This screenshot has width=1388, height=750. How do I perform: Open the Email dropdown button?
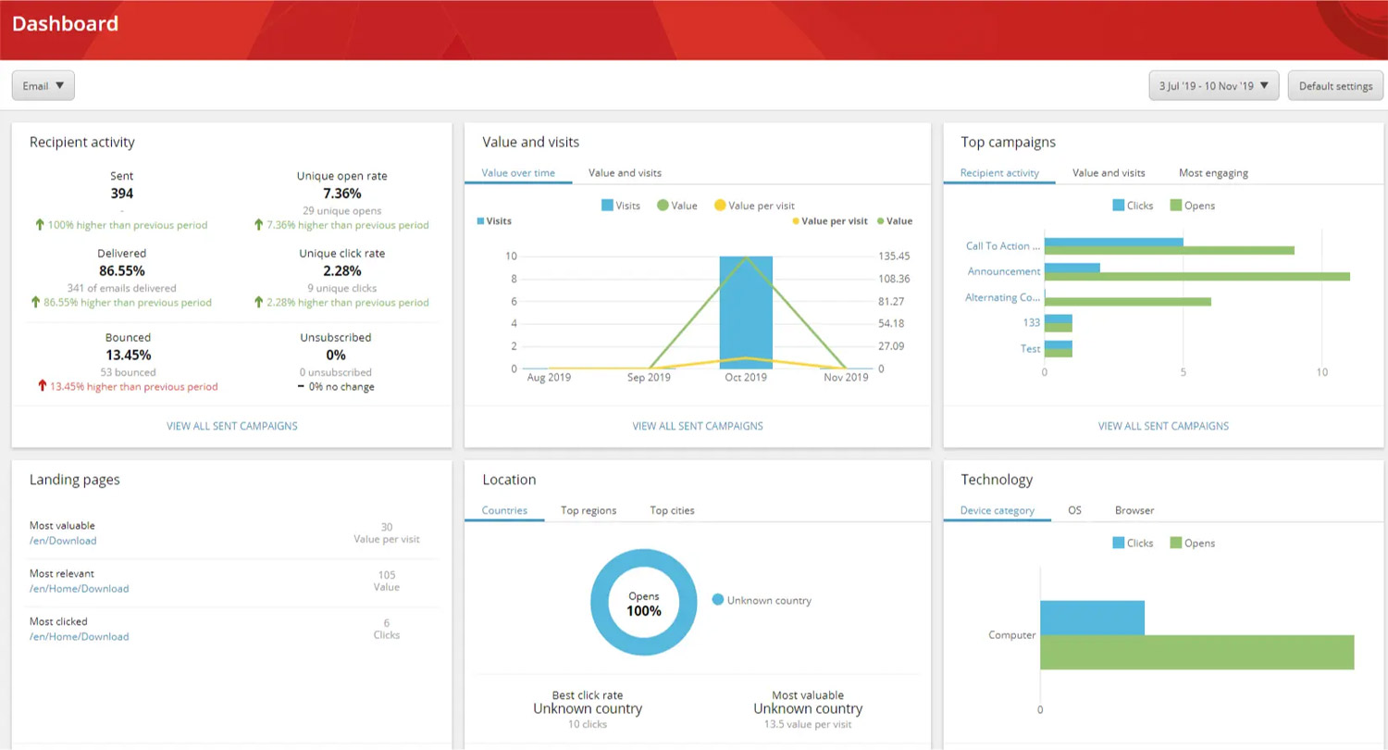(43, 85)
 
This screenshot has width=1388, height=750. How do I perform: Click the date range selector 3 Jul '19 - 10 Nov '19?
(1213, 85)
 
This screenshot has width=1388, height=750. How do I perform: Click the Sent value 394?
(121, 194)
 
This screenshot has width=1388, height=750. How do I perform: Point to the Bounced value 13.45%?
(129, 356)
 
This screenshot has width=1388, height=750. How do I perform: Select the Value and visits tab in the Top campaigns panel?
(1109, 173)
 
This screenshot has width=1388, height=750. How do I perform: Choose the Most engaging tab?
(1213, 173)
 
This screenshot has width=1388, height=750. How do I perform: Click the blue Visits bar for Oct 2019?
(746, 312)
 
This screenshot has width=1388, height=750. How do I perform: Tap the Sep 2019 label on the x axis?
(649, 377)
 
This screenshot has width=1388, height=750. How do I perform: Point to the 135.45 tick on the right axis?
(894, 256)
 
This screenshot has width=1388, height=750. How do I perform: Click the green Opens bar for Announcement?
(1197, 277)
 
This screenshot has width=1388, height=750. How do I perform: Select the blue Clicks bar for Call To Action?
(1113, 242)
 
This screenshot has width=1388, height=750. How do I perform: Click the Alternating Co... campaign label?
(1002, 297)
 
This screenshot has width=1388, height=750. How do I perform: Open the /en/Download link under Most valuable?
(63, 541)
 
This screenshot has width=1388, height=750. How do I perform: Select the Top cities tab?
(672, 510)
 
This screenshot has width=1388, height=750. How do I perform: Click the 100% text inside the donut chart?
(644, 611)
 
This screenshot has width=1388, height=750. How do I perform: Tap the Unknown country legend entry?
(762, 600)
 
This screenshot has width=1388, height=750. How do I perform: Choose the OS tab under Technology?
(1074, 510)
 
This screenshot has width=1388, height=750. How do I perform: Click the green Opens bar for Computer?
(1197, 652)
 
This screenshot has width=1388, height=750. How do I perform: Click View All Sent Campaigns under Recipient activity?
(231, 426)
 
